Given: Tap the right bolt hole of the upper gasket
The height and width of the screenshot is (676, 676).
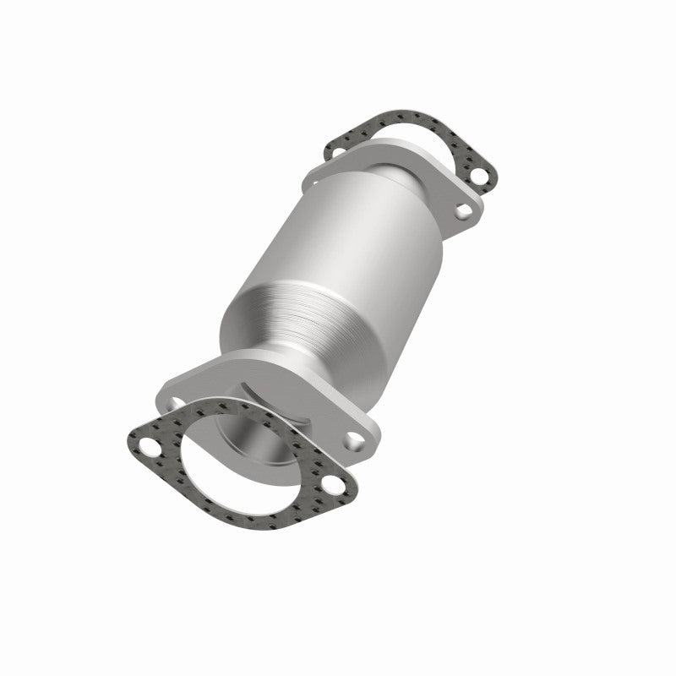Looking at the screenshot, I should tap(482, 178).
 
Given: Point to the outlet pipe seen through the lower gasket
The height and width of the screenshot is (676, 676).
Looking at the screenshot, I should tap(253, 448).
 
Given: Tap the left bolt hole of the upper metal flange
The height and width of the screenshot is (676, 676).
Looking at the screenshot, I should tap(314, 177).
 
